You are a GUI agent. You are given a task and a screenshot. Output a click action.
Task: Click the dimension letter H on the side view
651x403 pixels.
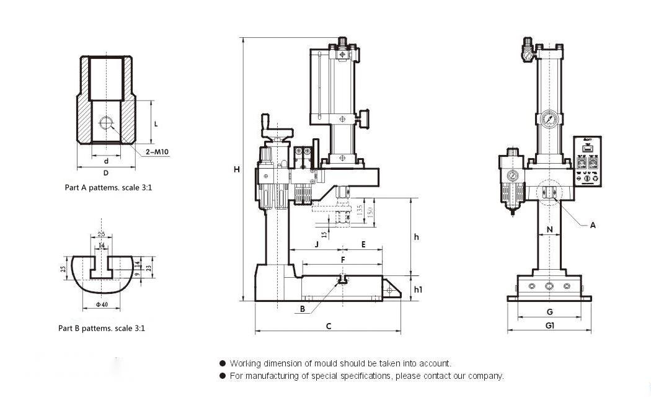[236, 169]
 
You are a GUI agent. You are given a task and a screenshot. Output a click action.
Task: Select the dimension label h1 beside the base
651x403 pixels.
[418, 290]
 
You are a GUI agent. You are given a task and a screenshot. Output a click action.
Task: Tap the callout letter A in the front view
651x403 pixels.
[593, 226]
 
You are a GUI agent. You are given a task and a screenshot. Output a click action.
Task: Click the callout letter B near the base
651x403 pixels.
[303, 309]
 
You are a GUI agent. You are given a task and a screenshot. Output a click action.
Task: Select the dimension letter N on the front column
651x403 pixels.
[549, 229]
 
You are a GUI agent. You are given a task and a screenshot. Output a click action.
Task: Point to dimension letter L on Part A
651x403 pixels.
[156, 123]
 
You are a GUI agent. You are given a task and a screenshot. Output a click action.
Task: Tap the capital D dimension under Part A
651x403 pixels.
[106, 172]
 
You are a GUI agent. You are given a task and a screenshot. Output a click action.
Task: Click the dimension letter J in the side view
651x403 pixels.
[316, 245]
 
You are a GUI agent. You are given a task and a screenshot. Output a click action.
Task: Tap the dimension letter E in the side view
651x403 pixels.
[363, 245]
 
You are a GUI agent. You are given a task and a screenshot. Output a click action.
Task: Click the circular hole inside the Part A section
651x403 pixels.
[105, 122]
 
